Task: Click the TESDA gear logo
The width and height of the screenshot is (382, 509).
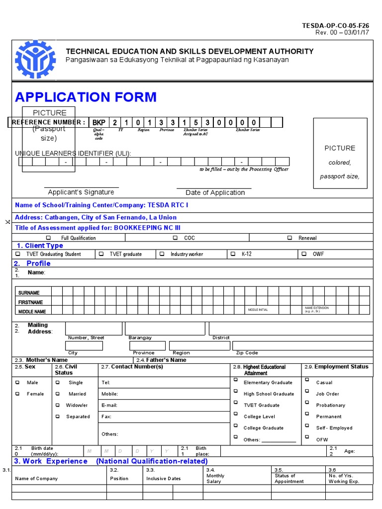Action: (x=35, y=60)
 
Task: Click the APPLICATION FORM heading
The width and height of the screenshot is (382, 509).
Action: (x=86, y=97)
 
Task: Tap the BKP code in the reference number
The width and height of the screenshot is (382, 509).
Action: (x=99, y=123)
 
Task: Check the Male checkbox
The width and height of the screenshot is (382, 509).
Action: (x=18, y=382)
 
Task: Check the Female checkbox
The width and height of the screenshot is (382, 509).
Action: (x=18, y=394)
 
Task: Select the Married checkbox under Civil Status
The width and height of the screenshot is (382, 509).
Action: (x=58, y=394)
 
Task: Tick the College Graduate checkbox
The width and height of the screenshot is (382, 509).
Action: (x=235, y=426)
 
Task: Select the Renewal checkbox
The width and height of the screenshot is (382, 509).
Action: (x=289, y=238)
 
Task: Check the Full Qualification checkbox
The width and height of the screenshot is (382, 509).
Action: (x=48, y=238)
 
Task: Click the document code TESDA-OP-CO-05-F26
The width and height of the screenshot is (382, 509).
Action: (x=336, y=25)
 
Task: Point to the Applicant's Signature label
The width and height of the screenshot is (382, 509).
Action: (x=81, y=192)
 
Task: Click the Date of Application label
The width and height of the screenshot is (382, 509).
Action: (x=215, y=193)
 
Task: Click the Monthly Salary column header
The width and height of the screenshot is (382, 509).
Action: (x=215, y=479)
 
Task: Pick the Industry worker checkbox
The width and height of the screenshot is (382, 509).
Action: (x=162, y=254)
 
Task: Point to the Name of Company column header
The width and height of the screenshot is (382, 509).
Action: (x=36, y=479)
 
